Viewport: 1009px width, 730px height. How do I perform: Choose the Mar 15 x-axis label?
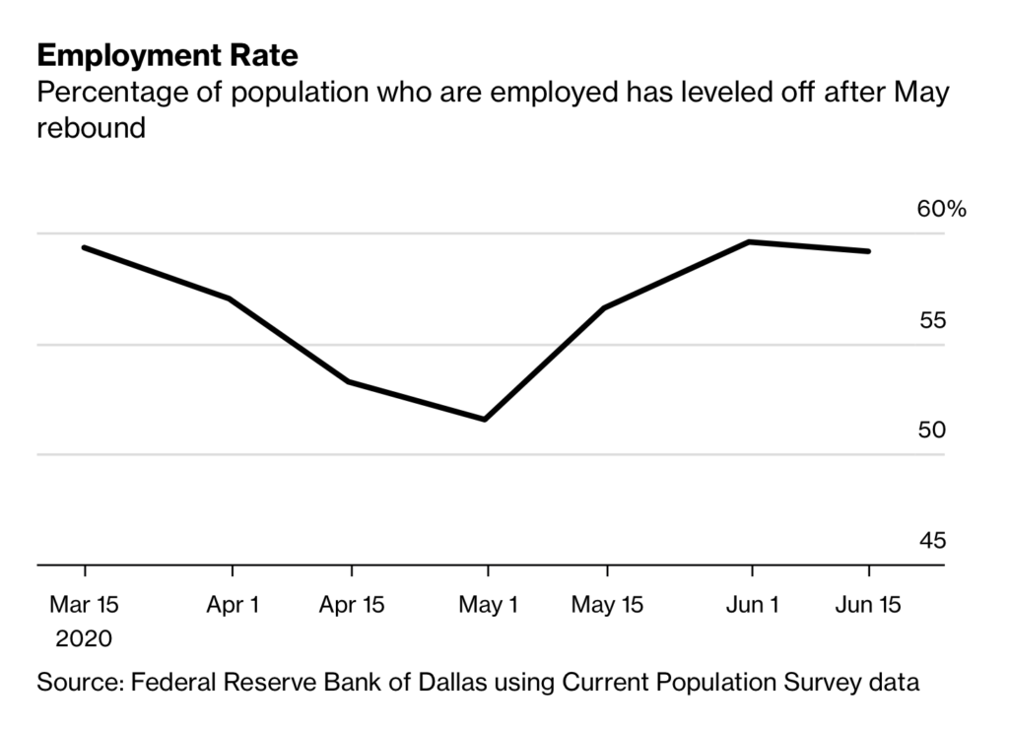(85, 605)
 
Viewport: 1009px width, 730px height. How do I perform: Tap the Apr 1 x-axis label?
(233, 605)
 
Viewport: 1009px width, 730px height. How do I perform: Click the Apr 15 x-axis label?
(352, 605)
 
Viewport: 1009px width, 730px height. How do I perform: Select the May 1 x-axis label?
(487, 605)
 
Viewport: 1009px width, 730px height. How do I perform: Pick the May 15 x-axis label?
(607, 605)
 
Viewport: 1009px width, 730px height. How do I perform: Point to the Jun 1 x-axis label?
(753, 605)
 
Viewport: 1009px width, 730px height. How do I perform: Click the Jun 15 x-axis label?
(868, 605)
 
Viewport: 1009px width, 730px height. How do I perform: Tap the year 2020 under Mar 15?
(85, 638)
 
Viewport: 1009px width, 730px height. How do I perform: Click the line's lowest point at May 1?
(486, 420)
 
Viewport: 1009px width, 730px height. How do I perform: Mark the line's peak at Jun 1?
(751, 241)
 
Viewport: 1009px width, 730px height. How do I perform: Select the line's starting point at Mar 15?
(85, 247)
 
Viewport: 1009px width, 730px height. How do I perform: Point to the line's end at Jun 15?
(868, 251)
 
